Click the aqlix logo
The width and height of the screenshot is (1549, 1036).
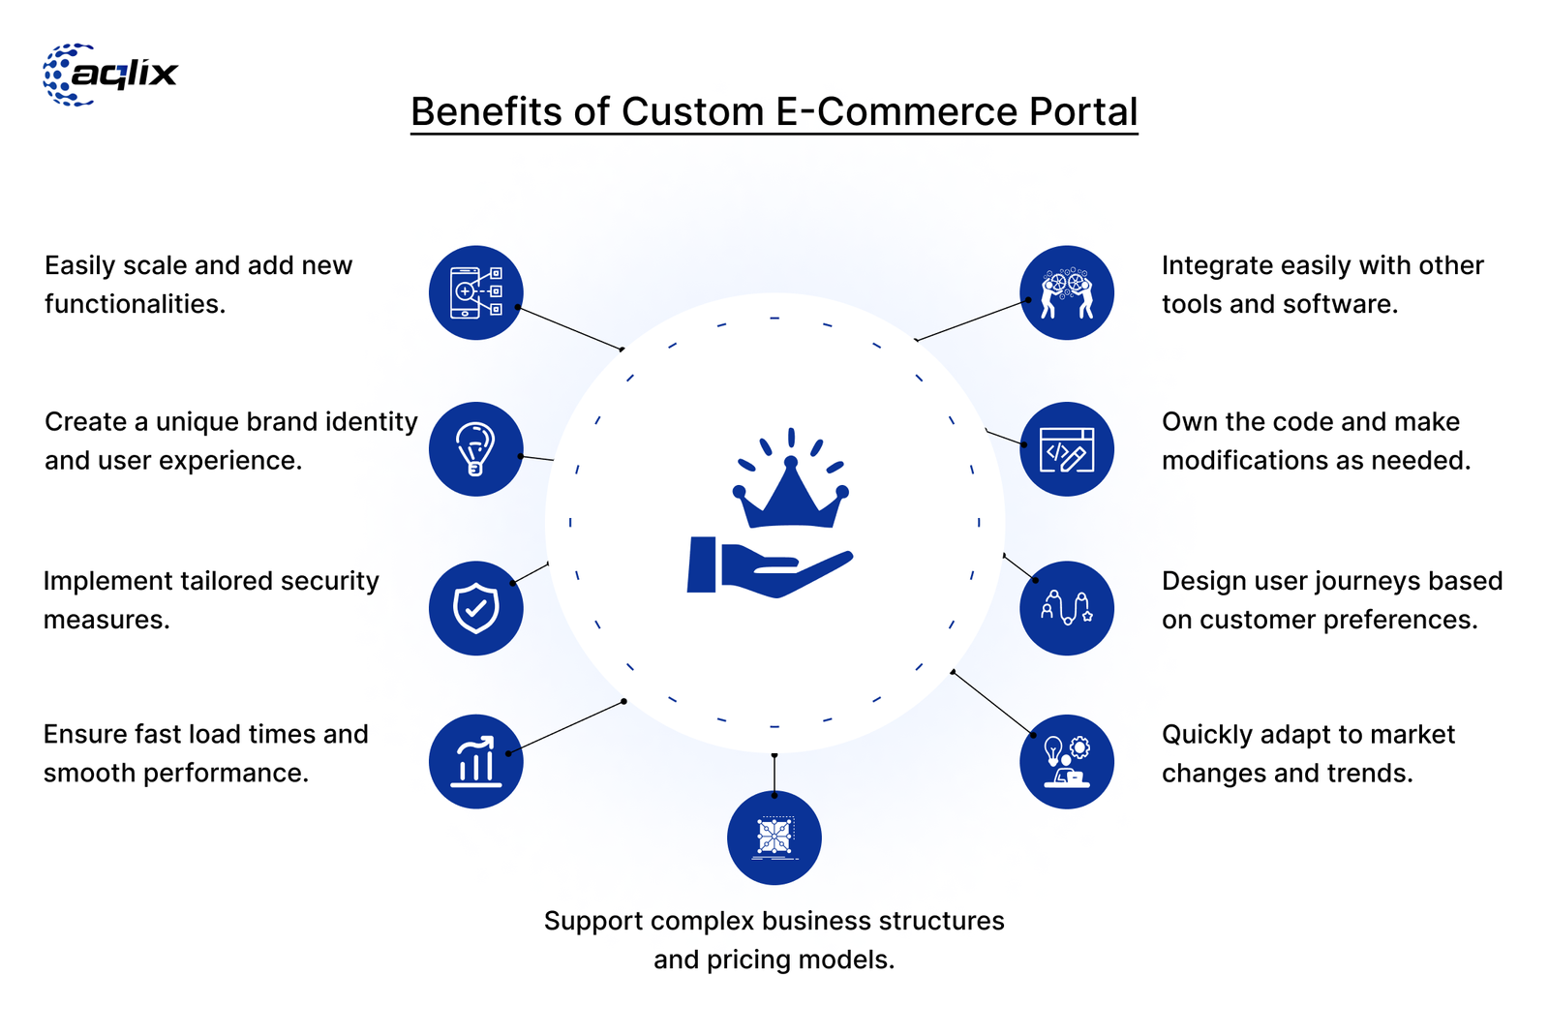click(x=110, y=75)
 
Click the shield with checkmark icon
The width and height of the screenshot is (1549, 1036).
click(x=476, y=608)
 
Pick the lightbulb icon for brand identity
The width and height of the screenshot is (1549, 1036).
click(x=476, y=449)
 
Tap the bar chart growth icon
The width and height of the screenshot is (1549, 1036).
click(x=476, y=761)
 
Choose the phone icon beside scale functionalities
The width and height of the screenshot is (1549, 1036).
click(x=476, y=292)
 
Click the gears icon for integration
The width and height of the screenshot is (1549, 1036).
click(x=1067, y=292)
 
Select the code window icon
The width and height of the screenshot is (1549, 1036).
click(x=1067, y=449)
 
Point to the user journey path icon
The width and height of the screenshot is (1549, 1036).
click(x=1067, y=608)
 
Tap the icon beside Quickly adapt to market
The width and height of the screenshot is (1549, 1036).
click(x=1067, y=761)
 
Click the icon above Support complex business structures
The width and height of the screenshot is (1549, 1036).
click(x=774, y=838)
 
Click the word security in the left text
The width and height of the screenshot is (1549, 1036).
click(x=329, y=581)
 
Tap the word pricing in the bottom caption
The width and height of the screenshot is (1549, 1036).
click(x=744, y=960)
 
